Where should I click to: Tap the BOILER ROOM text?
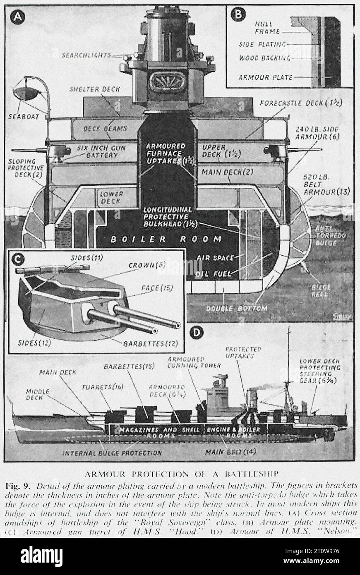[160, 239]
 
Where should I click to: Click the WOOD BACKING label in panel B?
[264, 58]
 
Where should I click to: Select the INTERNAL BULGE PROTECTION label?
[112, 453]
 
